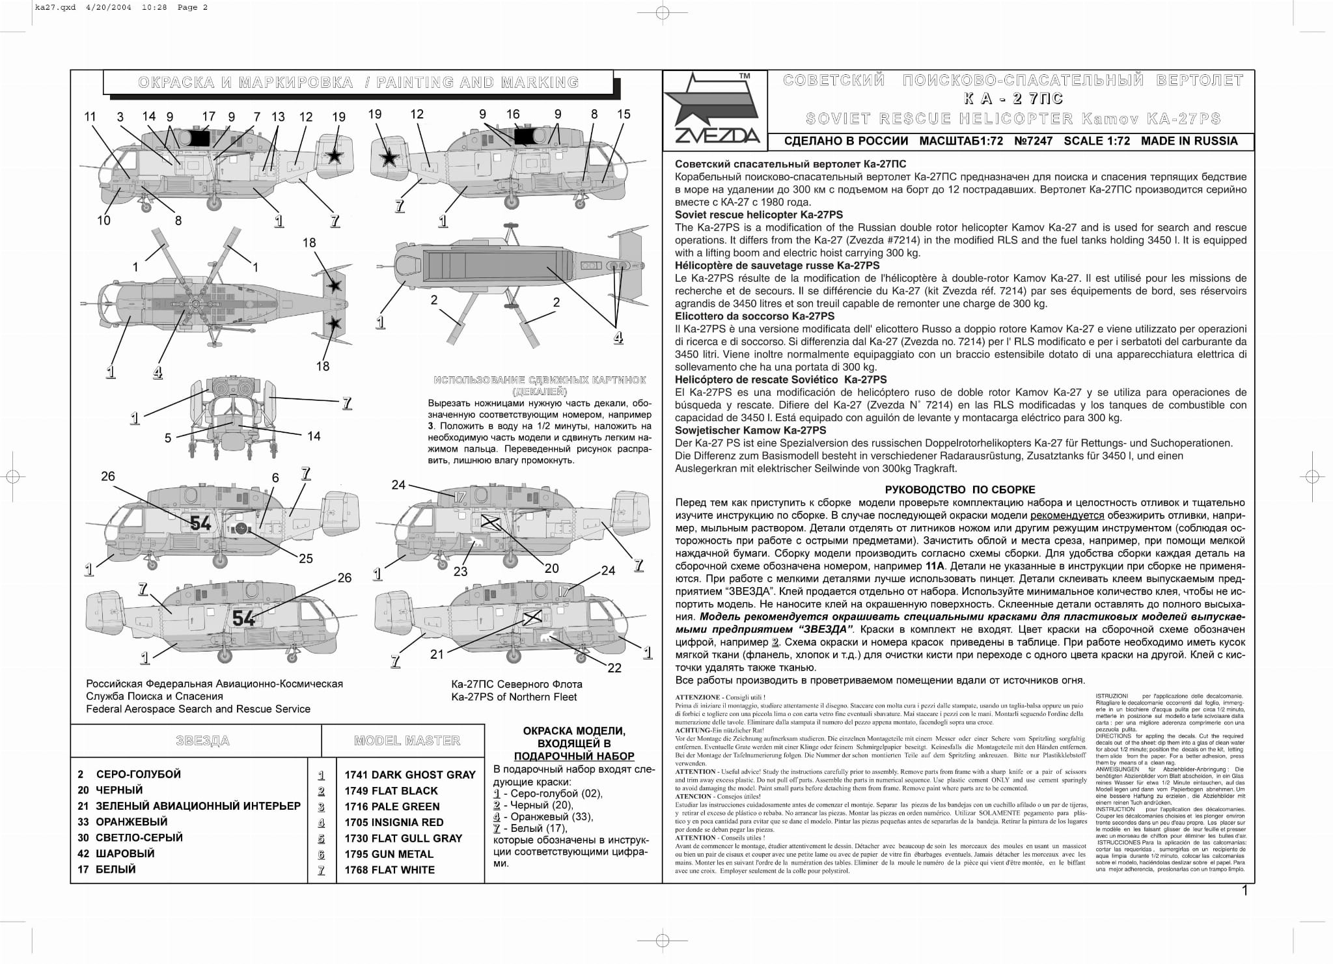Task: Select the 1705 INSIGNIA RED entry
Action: [394, 822]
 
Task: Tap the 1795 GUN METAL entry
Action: [389, 854]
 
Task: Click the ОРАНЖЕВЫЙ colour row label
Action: [131, 821]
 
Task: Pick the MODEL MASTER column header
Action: [407, 741]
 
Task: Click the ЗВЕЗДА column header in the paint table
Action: [202, 741]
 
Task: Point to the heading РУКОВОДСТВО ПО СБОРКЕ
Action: [960, 489]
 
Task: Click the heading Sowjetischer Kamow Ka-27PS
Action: [750, 430]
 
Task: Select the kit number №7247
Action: [1033, 141]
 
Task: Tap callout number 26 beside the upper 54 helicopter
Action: [108, 476]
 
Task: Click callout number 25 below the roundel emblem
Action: [306, 558]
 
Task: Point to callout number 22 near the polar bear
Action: [614, 668]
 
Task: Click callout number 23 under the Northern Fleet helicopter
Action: [461, 572]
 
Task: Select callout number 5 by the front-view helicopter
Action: [168, 438]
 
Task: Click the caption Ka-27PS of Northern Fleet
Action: [514, 697]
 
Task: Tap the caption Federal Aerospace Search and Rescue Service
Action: [198, 709]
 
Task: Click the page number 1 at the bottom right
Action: [1245, 890]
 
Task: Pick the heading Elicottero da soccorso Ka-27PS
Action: [754, 316]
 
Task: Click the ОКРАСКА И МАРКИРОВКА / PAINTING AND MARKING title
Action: [358, 83]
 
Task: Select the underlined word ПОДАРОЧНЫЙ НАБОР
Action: [574, 756]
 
